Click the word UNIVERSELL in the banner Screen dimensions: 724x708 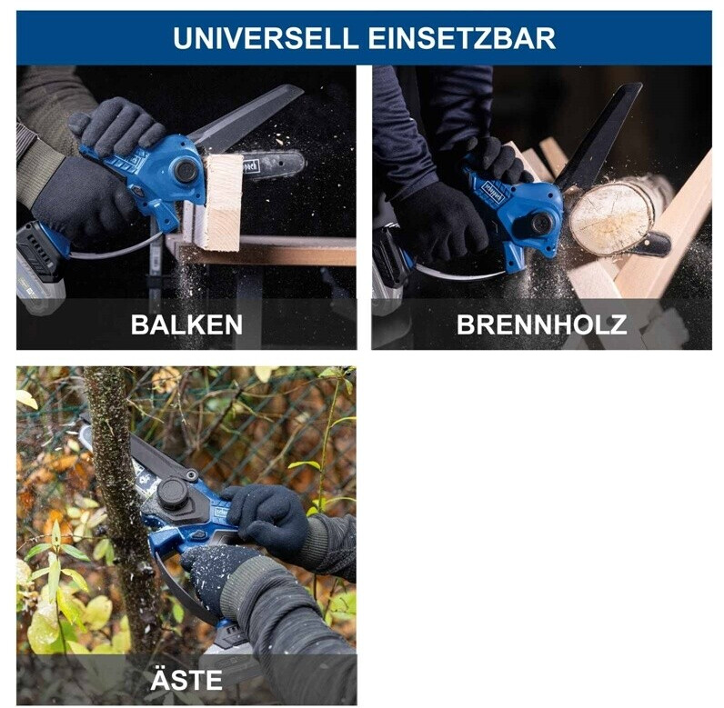(266, 38)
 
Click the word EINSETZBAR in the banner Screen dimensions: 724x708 (461, 38)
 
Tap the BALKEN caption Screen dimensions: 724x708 (186, 324)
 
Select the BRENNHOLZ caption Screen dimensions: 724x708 (541, 324)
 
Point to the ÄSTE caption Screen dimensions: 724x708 (186, 679)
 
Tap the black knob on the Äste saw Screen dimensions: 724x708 (173, 494)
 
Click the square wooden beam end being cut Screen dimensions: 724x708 (223, 203)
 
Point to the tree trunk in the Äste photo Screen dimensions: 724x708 (118, 507)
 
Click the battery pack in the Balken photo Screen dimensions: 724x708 (41, 266)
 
